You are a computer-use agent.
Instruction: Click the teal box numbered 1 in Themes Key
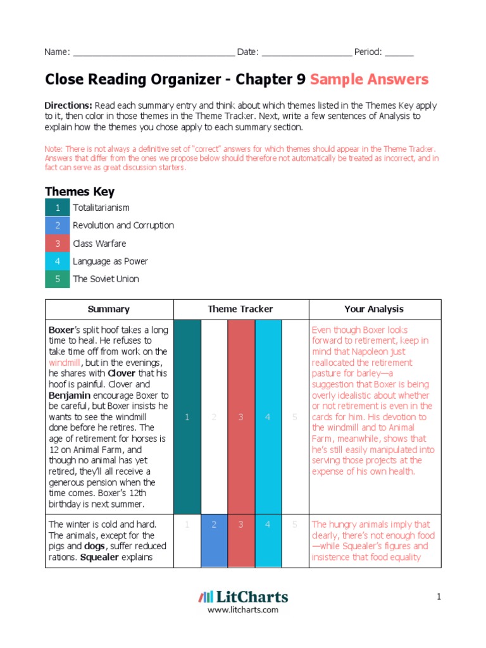point(58,208)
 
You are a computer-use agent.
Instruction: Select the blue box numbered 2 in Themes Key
point(58,226)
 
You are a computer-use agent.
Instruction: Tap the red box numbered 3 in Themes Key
point(58,244)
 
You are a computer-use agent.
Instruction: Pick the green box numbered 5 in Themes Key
point(58,279)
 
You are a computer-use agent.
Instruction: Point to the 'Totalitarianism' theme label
point(101,208)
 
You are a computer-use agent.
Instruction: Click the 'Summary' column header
point(109,309)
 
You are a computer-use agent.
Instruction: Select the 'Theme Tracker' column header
point(240,309)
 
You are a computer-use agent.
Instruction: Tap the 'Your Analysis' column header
point(373,309)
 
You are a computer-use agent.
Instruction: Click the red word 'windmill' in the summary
point(65,363)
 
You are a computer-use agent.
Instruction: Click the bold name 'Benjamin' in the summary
point(70,395)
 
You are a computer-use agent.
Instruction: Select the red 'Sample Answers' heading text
point(369,80)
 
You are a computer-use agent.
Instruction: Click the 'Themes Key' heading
point(80,192)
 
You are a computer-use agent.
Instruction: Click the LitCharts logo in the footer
point(243,597)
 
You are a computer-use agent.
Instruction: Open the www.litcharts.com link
point(243,610)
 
